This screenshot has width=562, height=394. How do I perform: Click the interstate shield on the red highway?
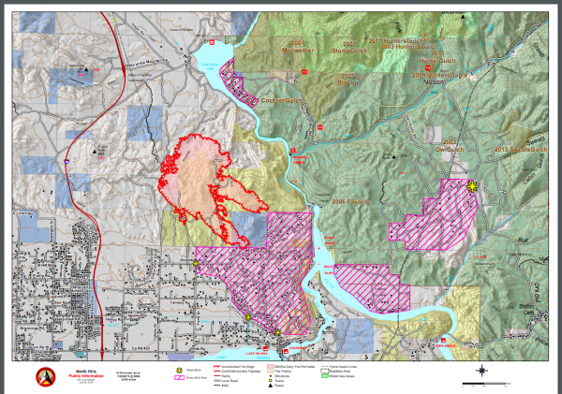point(68,161)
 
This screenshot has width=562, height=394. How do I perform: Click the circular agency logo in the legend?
point(42,375)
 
